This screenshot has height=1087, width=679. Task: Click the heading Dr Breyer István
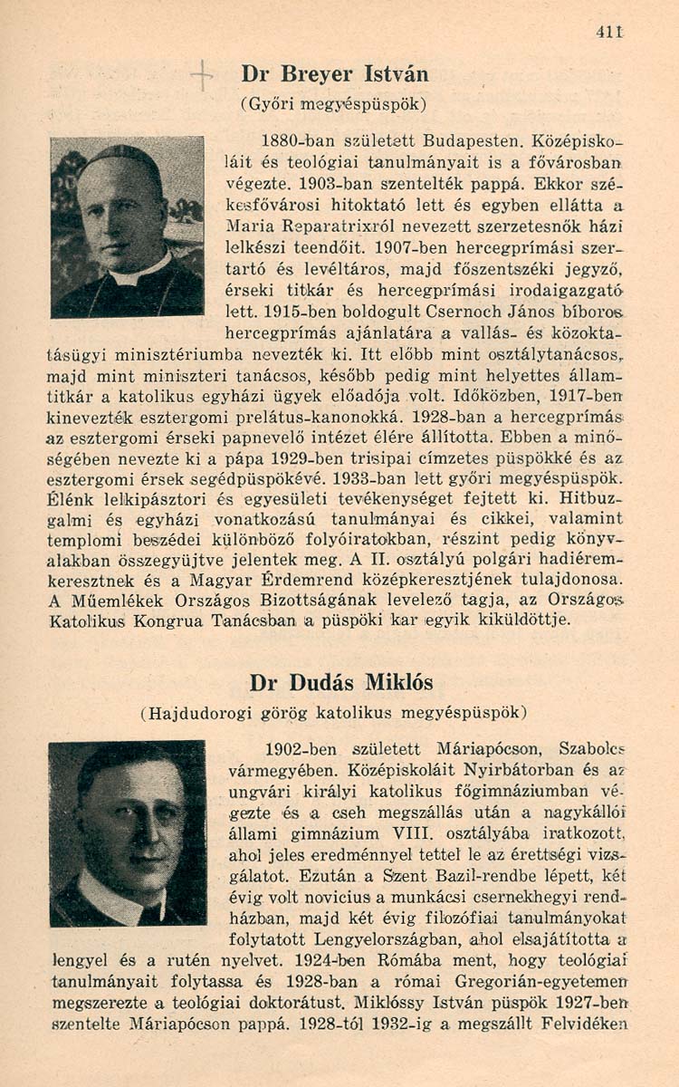point(335,73)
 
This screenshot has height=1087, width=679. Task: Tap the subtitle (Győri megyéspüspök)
point(334,103)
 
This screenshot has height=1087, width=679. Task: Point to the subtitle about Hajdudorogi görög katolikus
point(334,713)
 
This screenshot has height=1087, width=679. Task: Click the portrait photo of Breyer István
point(127,226)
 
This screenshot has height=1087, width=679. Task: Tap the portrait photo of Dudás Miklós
point(127,833)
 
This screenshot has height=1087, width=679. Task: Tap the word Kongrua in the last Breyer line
point(173,620)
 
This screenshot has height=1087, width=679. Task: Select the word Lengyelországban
point(352,938)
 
